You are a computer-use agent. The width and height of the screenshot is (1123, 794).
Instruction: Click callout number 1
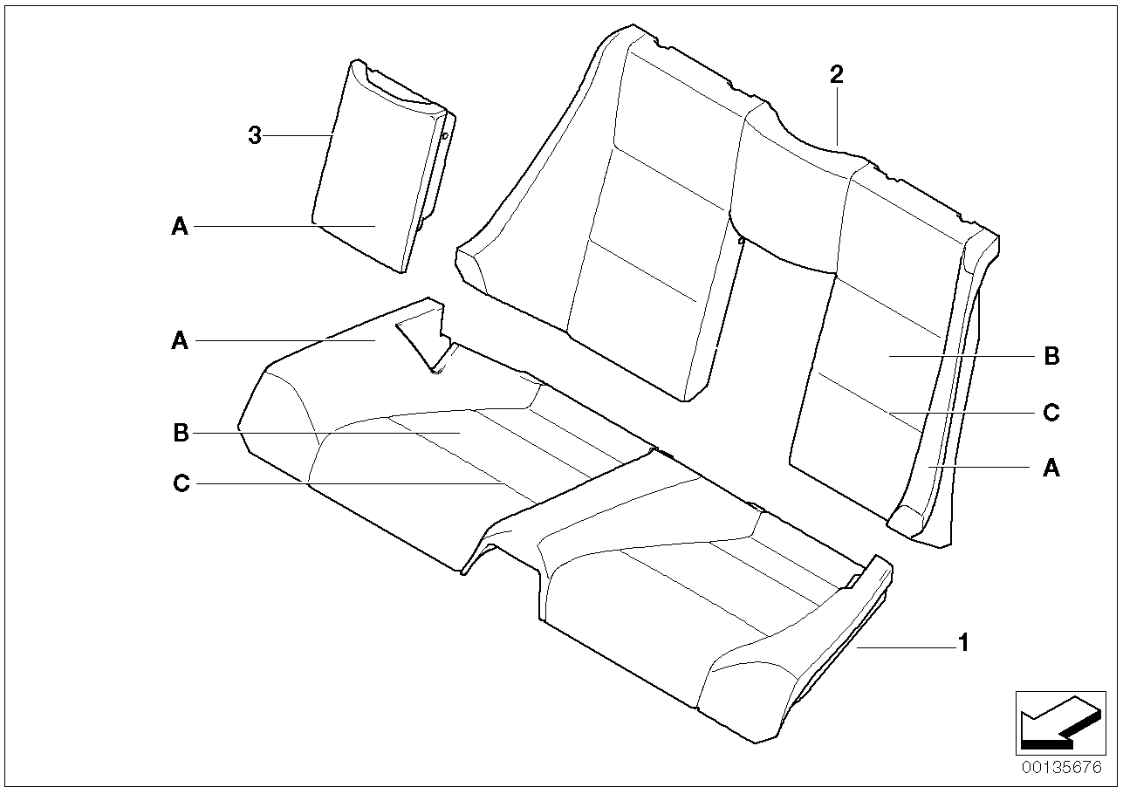(963, 643)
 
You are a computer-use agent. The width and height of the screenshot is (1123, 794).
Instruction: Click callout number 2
(836, 75)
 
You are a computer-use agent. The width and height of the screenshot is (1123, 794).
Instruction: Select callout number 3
(255, 135)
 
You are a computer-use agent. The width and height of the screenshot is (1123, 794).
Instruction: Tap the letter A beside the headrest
(180, 226)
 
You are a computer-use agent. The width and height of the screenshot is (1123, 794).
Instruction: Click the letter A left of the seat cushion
(180, 341)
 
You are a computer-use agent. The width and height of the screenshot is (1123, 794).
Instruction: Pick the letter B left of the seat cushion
(181, 433)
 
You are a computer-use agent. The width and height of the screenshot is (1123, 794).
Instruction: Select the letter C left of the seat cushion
(181, 483)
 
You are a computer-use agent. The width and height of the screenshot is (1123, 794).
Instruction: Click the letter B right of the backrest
(1051, 356)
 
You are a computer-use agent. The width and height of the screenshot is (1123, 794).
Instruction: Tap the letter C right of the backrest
(1051, 413)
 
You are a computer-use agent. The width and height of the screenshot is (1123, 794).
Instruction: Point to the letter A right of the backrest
(1051, 469)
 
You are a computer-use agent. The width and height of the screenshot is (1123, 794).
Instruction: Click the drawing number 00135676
(1062, 768)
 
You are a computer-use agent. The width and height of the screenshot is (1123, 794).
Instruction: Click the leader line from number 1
(907, 648)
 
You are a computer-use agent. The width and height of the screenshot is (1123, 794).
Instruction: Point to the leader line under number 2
(837, 116)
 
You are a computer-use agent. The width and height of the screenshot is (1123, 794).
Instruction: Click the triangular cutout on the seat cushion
(423, 344)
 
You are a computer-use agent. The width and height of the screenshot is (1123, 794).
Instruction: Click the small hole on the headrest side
(444, 134)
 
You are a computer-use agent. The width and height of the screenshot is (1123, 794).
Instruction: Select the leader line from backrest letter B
(962, 356)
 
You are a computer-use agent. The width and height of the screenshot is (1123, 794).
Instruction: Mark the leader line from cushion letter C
(349, 483)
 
